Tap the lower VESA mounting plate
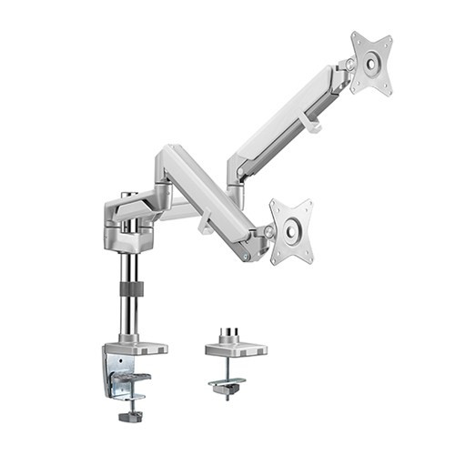(291, 231)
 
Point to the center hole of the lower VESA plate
(291, 231)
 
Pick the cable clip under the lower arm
(207, 224)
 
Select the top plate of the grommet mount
(236, 349)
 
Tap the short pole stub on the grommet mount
(232, 334)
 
